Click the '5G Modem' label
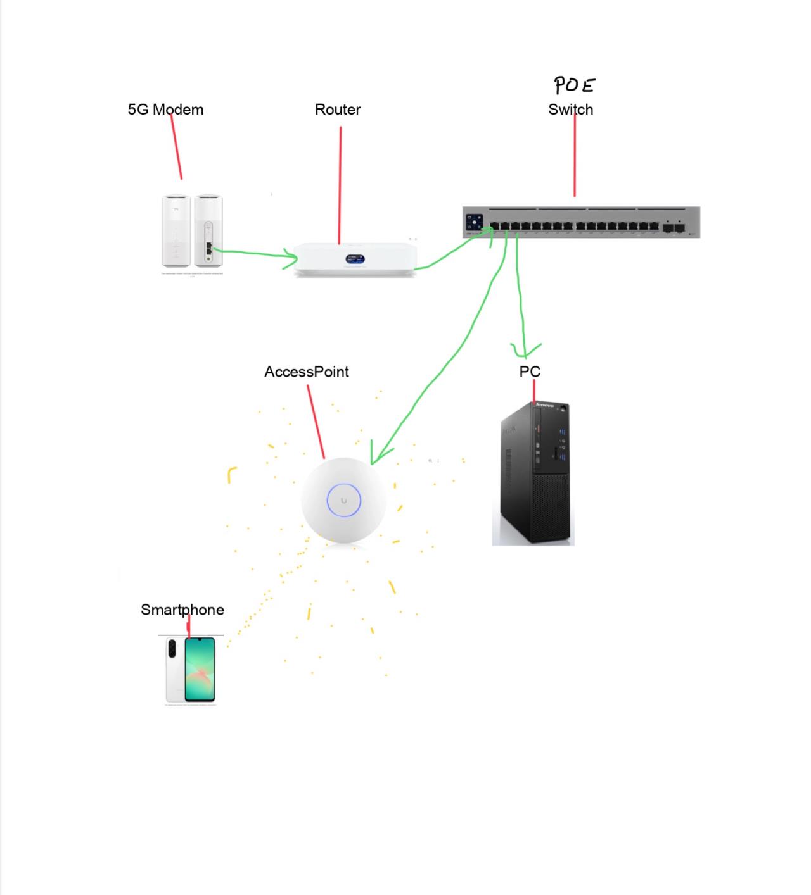pos(165,110)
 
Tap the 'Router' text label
pos(338,110)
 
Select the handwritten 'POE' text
pos(574,85)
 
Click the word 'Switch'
pos(570,110)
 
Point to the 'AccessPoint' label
pos(306,372)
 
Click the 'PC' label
pos(530,372)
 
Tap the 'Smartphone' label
pos(182,610)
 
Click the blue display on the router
pos(354,259)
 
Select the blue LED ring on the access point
pos(343,501)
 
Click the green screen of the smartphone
pos(200,669)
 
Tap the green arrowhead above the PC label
pos(525,350)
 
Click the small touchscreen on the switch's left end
pos(475,223)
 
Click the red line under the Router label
pos(340,184)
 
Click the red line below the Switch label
pos(575,158)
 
